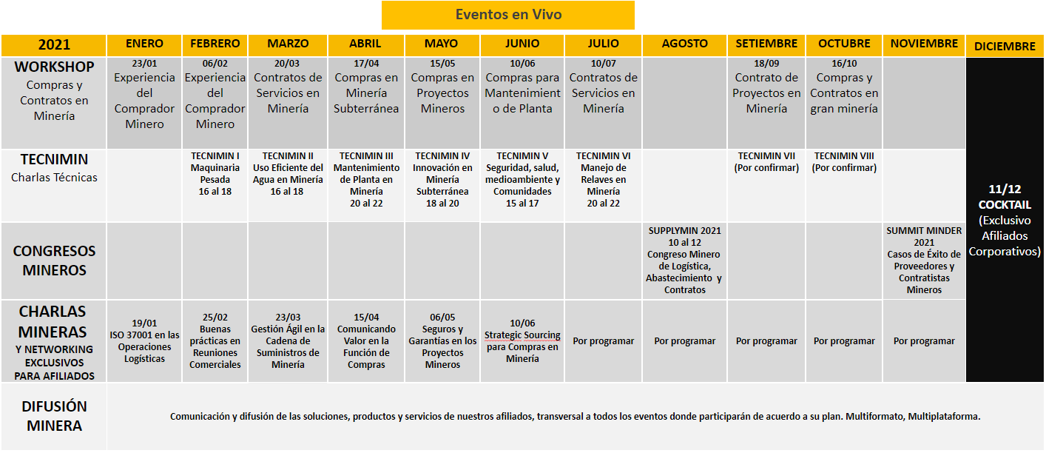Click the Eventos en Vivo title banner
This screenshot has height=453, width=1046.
pyautogui.click(x=507, y=15)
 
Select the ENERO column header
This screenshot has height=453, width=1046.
pyautogui.click(x=144, y=44)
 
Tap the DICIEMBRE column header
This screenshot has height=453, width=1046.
pyautogui.click(x=1004, y=46)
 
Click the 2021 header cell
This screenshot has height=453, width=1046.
pyautogui.click(x=53, y=45)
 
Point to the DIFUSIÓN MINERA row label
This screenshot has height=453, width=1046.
pyautogui.click(x=53, y=416)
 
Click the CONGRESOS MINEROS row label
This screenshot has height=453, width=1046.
pyautogui.click(x=53, y=261)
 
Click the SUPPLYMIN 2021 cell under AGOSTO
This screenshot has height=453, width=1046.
pyautogui.click(x=684, y=260)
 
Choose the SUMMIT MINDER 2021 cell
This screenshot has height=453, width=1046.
pyautogui.click(x=924, y=260)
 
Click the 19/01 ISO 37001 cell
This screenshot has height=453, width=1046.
pyautogui.click(x=144, y=341)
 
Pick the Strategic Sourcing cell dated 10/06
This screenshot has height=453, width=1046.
pyautogui.click(x=522, y=341)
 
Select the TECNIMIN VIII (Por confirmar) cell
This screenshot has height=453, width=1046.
pyautogui.click(x=843, y=162)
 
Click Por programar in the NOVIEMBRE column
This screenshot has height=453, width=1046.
pyautogui.click(x=924, y=341)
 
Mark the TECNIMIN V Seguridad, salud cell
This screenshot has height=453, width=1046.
pyautogui.click(x=522, y=179)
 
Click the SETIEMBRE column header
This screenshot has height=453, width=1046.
pyautogui.click(x=766, y=44)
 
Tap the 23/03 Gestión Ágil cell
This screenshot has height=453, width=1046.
pyautogui.click(x=288, y=341)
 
